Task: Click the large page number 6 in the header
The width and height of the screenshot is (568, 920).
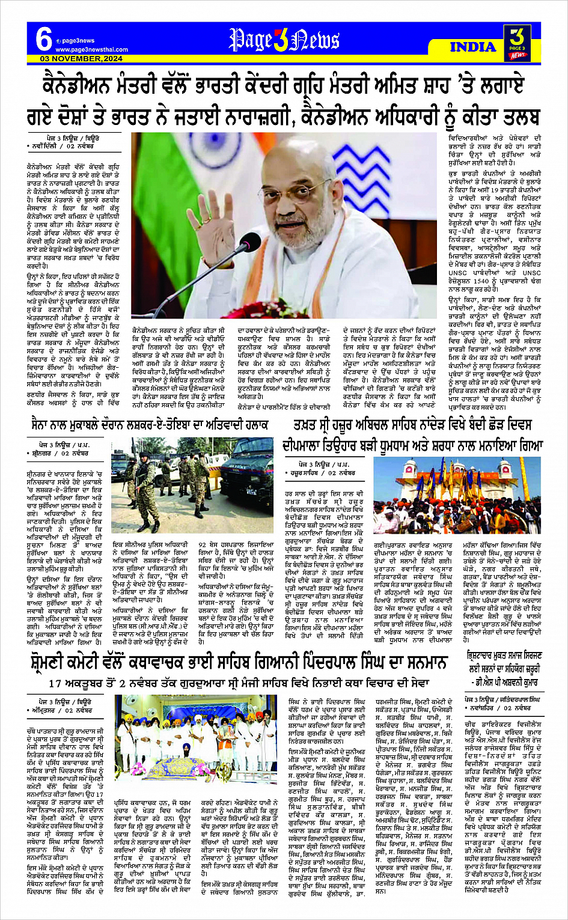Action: tap(43, 40)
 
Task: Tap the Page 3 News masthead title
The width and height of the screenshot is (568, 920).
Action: tap(284, 40)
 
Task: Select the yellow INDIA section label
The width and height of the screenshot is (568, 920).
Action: tap(472, 47)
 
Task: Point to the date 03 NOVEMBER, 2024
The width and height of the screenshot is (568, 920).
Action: tap(81, 59)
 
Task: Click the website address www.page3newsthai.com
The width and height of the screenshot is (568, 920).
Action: tap(91, 49)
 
